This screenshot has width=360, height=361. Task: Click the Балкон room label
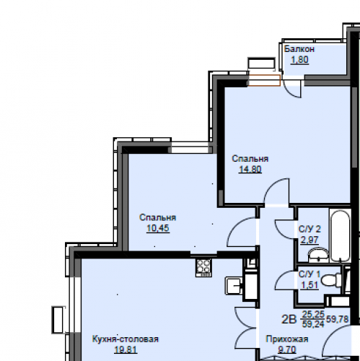click(x=299, y=49)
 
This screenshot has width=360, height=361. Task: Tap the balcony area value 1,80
click(x=299, y=60)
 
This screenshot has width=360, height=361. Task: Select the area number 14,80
click(x=250, y=169)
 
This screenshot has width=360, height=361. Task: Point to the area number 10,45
click(x=158, y=228)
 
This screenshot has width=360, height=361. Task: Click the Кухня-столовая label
click(x=126, y=339)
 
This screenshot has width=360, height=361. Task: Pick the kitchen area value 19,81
click(x=126, y=349)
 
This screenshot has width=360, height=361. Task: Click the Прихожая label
click(x=287, y=339)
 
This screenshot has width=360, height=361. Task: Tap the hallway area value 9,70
click(x=287, y=349)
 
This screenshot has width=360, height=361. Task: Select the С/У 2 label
click(x=309, y=229)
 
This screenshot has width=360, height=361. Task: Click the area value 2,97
click(x=309, y=240)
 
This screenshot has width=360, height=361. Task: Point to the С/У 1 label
click(x=309, y=274)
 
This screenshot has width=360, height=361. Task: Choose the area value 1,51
click(x=309, y=285)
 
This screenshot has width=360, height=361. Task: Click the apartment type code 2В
click(x=289, y=319)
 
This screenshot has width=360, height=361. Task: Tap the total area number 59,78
click(x=337, y=319)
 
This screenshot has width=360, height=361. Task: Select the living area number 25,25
click(x=313, y=314)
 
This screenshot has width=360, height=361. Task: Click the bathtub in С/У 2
click(x=340, y=235)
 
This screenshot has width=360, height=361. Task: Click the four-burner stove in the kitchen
click(x=203, y=267)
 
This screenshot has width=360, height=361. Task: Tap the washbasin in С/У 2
click(x=318, y=255)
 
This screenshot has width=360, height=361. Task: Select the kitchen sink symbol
click(x=234, y=285)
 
